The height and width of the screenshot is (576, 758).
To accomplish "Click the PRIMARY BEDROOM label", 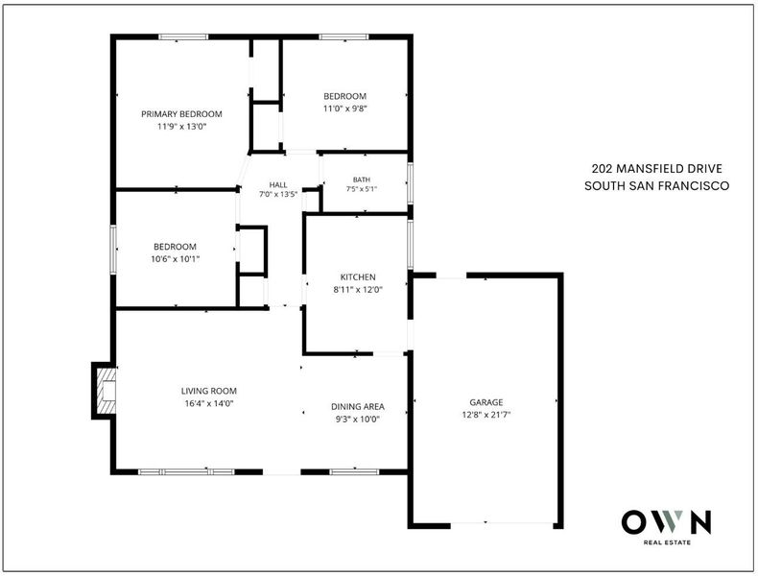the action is click(x=181, y=114).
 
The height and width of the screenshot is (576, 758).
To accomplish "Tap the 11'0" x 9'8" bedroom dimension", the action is click(x=345, y=108).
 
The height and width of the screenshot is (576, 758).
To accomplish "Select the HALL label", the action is click(x=278, y=184).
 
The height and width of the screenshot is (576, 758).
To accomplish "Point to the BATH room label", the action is click(x=362, y=180).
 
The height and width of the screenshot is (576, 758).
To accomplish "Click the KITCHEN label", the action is click(x=358, y=277).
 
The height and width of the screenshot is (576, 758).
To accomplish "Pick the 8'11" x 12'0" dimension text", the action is click(x=358, y=290).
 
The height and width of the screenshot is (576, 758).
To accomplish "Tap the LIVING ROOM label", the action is click(x=209, y=391).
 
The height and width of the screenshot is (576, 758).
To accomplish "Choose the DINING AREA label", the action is click(x=358, y=407).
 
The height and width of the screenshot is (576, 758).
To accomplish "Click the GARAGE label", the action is click(x=486, y=402).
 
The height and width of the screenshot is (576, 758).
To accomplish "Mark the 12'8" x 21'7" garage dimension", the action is click(x=486, y=415).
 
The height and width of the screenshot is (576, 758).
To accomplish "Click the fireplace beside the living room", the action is click(x=105, y=391).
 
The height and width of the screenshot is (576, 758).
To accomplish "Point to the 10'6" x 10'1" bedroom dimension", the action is click(x=175, y=259).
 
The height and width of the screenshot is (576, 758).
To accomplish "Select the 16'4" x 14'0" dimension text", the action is click(x=209, y=403).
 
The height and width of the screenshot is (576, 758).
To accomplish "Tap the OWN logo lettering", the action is click(x=666, y=522).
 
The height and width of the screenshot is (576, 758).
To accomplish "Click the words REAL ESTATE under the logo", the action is click(x=667, y=542).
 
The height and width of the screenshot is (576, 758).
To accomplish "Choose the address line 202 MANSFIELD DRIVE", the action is click(x=657, y=169).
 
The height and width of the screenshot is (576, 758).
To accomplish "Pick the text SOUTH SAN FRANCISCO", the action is click(x=657, y=185).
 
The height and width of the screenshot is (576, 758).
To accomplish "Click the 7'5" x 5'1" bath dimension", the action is click(x=362, y=189).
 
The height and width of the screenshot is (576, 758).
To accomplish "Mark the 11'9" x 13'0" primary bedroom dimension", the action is click(x=181, y=127).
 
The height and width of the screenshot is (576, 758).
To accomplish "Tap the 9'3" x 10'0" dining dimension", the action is click(x=358, y=420).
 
